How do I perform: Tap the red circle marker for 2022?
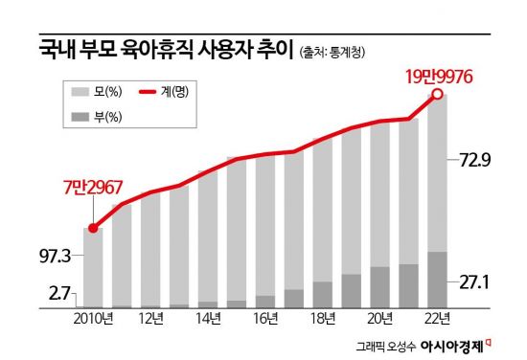437,94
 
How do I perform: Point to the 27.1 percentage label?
475,282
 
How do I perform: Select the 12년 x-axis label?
150,319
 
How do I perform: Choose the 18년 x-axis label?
323,319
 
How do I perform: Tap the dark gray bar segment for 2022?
437,280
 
